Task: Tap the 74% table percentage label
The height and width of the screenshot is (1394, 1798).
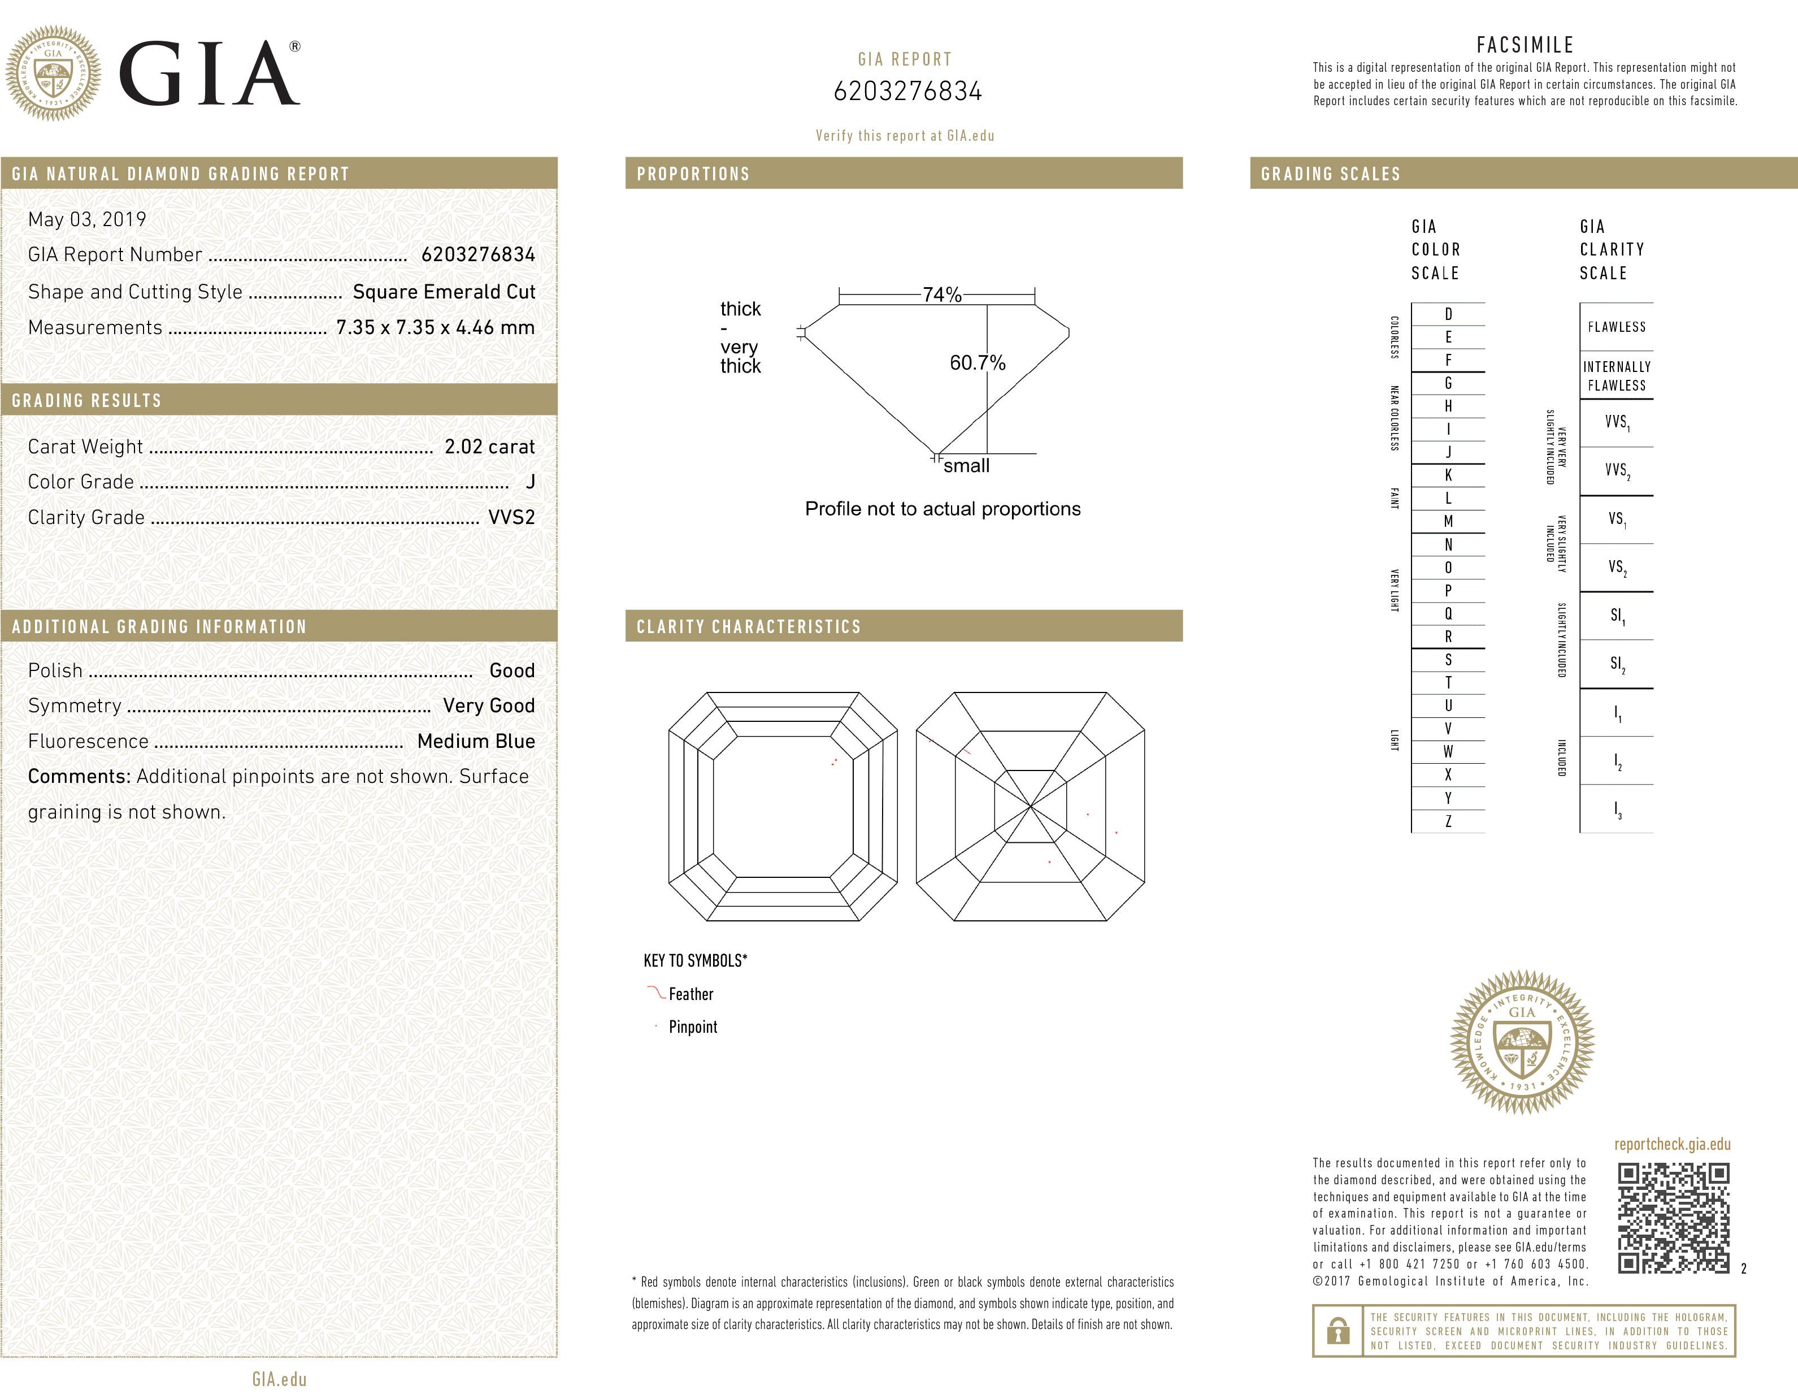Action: click(x=942, y=295)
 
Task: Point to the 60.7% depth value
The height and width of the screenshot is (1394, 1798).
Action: click(x=977, y=362)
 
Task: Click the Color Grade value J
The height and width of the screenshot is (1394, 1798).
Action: click(x=530, y=482)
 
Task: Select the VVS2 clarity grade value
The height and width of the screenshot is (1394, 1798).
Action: click(x=511, y=517)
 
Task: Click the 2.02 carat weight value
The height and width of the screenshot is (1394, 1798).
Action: click(x=489, y=446)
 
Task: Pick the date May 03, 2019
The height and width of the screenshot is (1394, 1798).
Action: click(x=86, y=219)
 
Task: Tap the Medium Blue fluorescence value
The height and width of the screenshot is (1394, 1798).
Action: click(x=476, y=741)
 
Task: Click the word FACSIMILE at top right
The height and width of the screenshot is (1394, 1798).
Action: click(x=1525, y=45)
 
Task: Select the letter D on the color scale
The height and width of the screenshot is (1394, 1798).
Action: click(x=1448, y=314)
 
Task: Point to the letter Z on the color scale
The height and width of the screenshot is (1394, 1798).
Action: click(x=1448, y=821)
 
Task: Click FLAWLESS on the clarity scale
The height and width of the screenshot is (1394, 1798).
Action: click(x=1616, y=327)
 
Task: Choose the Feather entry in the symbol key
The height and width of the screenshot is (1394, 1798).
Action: click(x=690, y=994)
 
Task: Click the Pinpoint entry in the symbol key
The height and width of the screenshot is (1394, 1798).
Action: click(x=692, y=1027)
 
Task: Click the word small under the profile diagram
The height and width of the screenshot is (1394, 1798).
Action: click(x=966, y=466)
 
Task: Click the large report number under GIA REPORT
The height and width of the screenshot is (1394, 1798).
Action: click(x=907, y=92)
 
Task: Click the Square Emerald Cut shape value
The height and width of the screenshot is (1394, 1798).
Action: click(x=444, y=292)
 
